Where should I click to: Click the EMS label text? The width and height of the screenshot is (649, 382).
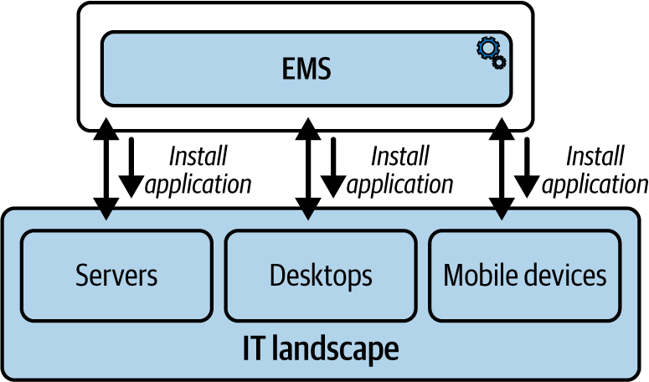(306, 69)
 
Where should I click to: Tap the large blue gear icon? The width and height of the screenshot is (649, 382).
(488, 48)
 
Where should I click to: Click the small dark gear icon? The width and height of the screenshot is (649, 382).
(499, 62)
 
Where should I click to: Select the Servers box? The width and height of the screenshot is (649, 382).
(116, 276)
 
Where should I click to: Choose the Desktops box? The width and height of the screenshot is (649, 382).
(321, 276)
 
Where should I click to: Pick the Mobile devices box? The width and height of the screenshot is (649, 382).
(525, 276)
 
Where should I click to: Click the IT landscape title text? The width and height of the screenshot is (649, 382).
(321, 348)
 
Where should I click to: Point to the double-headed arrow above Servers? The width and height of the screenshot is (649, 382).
(106, 168)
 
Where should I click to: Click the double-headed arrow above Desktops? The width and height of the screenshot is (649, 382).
(308, 168)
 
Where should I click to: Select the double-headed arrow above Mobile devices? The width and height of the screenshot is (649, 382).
(502, 168)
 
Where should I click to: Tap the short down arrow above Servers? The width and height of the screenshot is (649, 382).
(131, 168)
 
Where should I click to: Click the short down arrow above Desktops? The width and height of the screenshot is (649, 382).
(333, 168)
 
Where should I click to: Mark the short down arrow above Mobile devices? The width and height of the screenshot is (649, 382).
(527, 168)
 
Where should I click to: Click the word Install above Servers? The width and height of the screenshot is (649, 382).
(198, 156)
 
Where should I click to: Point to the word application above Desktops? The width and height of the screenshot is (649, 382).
(399, 184)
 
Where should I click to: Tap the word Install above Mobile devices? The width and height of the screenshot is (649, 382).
(595, 156)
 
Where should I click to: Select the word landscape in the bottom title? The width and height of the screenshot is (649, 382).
(336, 349)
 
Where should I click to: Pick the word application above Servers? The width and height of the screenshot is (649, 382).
(198, 184)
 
